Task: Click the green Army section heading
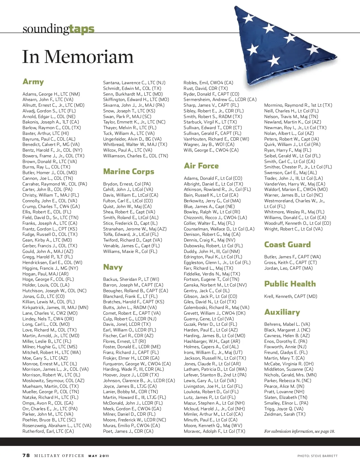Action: (33, 82)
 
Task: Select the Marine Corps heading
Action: (129, 171)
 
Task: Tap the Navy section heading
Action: (113, 267)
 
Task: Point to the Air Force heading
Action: (201, 166)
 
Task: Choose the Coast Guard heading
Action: (287, 245)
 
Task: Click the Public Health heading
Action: (290, 284)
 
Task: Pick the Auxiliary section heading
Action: (282, 312)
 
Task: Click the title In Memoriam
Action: (78, 57)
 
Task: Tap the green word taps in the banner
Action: (82, 29)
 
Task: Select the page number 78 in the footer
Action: (26, 456)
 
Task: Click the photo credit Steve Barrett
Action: (317, 456)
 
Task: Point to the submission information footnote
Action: (299, 431)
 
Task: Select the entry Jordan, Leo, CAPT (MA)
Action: (288, 268)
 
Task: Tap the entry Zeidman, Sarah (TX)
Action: (285, 414)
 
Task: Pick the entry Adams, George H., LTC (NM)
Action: (51, 94)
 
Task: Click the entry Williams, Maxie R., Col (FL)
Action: (130, 251)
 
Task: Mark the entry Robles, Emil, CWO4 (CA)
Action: (208, 83)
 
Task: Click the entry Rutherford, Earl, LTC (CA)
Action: (48, 431)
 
